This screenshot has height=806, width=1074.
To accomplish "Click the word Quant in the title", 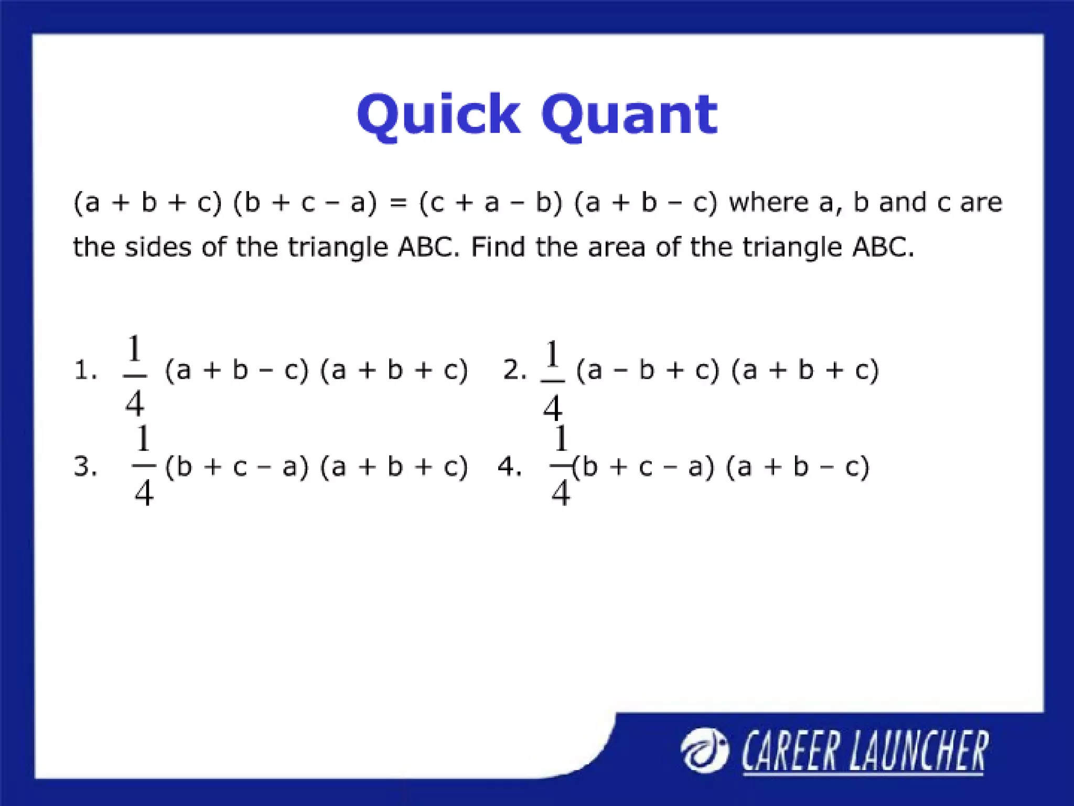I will pos(629,115).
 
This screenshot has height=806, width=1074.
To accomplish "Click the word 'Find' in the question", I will pos(498,247).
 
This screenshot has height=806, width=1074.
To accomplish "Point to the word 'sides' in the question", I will pos(158,247).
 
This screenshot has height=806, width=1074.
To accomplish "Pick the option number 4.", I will pos(509,466).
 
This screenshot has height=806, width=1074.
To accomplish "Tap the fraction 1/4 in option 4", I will pos(561,466).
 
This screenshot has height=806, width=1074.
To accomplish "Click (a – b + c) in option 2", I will pos(648,370).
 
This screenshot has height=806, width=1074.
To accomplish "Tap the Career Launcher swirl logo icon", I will pos(704,751).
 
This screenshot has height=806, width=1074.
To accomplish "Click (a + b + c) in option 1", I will pos(394,370).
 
